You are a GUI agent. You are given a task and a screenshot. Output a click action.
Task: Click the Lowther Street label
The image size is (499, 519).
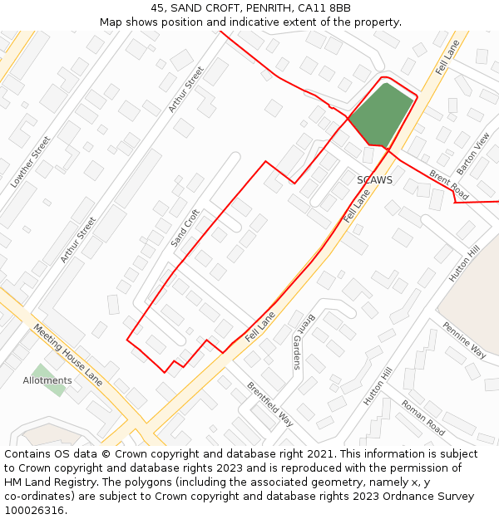point(30,162)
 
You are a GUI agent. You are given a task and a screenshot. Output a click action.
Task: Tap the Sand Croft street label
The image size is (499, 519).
point(185,228)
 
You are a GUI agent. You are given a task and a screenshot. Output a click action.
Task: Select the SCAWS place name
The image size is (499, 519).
point(374,179)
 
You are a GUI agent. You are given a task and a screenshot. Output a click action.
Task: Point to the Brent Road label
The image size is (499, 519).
point(449,184)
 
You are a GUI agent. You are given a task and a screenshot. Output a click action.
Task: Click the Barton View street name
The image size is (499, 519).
point(473,153)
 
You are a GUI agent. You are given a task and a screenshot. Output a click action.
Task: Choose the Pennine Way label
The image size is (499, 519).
point(464,340)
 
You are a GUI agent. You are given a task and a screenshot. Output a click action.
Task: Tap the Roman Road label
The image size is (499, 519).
point(423,418)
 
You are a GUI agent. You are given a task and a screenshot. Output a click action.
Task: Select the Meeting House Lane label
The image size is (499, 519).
point(68,355)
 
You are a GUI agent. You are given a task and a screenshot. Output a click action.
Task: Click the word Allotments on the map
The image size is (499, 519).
point(47,380)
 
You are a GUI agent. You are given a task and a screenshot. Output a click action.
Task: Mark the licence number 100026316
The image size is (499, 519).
point(35,511)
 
